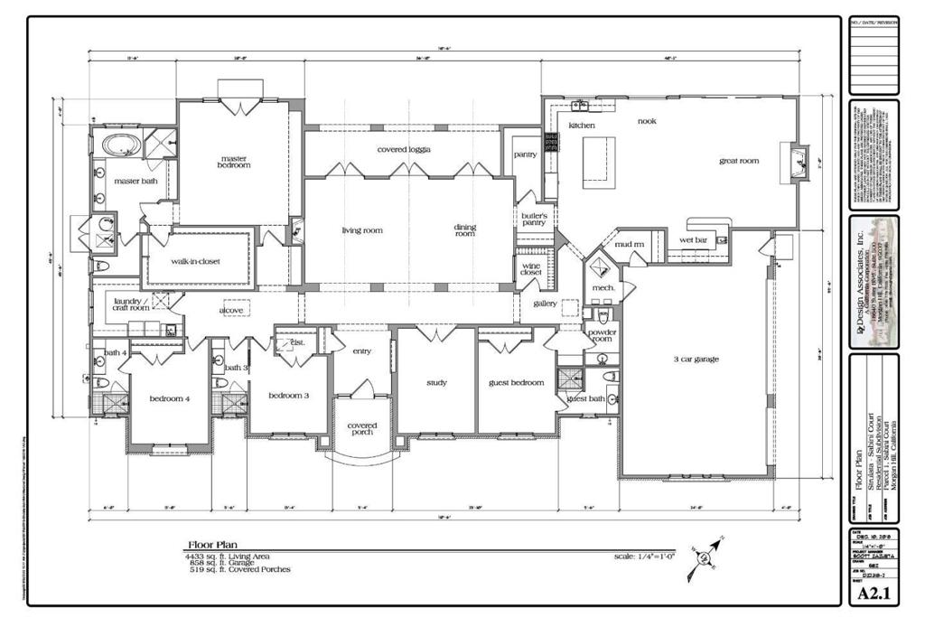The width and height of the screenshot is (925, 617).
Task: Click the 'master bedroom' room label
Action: coord(233,161)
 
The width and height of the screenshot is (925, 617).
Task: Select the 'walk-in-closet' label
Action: coord(196,262)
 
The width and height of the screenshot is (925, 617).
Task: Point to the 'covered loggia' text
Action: coord(403,149)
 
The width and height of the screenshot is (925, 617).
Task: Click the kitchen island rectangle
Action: coord(598,161)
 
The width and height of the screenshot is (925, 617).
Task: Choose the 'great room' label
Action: coord(738,161)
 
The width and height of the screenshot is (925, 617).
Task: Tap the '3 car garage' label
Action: coord(695,360)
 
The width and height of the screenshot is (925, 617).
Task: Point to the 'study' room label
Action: coord(437,383)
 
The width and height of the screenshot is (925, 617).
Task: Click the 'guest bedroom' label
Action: coord(516,383)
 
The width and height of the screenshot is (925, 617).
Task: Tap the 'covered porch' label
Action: coord(361,430)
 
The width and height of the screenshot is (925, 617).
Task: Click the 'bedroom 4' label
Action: coord(169,399)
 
